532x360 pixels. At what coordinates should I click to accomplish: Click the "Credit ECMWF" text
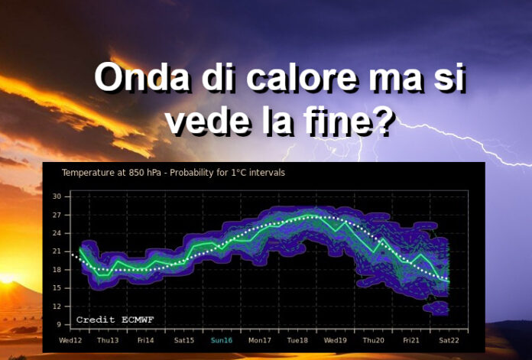pyautogui.click(x=115, y=319)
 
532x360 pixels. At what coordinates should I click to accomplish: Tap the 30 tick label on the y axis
pyautogui.click(x=57, y=196)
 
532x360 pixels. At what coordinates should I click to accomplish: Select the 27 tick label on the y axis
pyautogui.click(x=57, y=215)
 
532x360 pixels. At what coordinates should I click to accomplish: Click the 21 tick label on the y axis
pyautogui.click(x=57, y=251)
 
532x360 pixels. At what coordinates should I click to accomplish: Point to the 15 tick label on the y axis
pyautogui.click(x=57, y=288)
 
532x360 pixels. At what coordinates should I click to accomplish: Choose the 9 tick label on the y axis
pyautogui.click(x=59, y=325)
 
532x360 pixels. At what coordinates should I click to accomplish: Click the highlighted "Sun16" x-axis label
pyautogui.click(x=222, y=340)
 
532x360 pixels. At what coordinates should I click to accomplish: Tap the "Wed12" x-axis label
pyautogui.click(x=70, y=340)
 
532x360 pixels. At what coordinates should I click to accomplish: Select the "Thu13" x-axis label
pyautogui.click(x=108, y=340)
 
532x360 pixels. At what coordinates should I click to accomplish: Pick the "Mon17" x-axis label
pyautogui.click(x=260, y=340)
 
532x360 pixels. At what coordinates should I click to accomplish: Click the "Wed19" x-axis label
pyautogui.click(x=336, y=340)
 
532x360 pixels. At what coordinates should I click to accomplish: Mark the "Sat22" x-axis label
pyautogui.click(x=449, y=340)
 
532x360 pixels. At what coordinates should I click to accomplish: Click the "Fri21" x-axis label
pyautogui.click(x=411, y=340)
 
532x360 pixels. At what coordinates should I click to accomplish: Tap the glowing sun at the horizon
pyautogui.click(x=6, y=279)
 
